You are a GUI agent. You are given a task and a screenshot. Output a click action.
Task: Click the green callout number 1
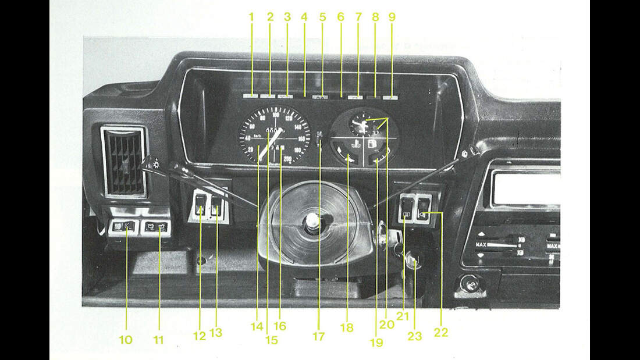point(252,17)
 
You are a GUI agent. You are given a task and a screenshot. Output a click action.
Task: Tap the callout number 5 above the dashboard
point(322,17)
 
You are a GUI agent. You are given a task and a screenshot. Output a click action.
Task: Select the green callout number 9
point(392,17)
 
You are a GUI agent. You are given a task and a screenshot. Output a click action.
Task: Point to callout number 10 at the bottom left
point(126,339)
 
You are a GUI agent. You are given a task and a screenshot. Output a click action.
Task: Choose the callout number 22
point(441,332)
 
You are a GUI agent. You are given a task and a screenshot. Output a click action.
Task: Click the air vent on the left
point(123,161)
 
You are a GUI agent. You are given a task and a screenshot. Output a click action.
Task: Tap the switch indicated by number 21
point(407,208)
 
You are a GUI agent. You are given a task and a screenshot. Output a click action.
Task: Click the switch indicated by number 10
point(123,227)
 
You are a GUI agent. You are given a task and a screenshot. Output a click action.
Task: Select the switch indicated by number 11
point(155,227)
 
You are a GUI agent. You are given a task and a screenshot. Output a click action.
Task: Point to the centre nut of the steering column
point(313,221)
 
